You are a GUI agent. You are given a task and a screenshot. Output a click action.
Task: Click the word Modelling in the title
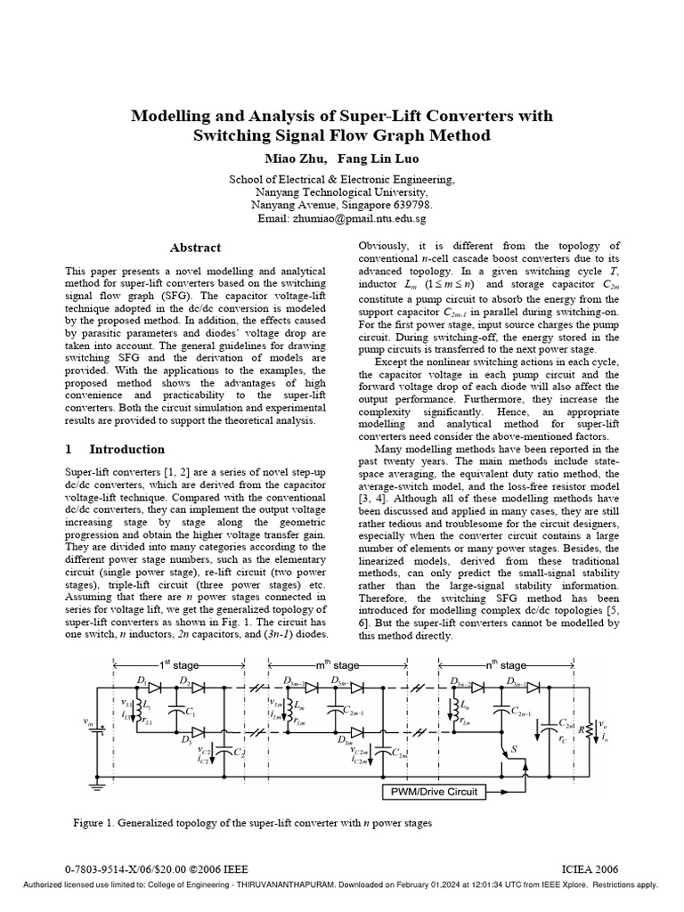(x=167, y=116)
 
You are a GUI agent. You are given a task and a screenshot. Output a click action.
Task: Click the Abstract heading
(x=195, y=248)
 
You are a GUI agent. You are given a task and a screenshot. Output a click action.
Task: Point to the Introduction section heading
(x=126, y=449)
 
